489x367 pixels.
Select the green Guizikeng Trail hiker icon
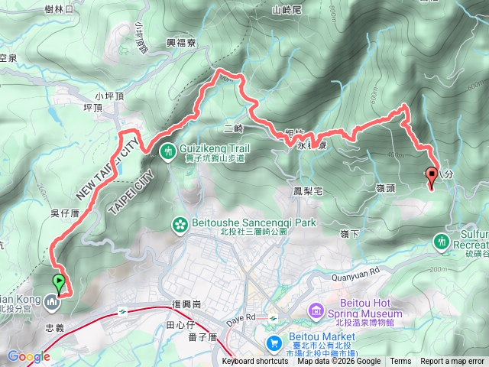pos(168,151)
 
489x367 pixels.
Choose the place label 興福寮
pos(181,45)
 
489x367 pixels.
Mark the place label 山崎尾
pos(288,10)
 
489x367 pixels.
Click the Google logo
pos(28,356)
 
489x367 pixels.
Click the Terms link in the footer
pos(400,362)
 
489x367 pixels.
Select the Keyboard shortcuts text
pos(256,362)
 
